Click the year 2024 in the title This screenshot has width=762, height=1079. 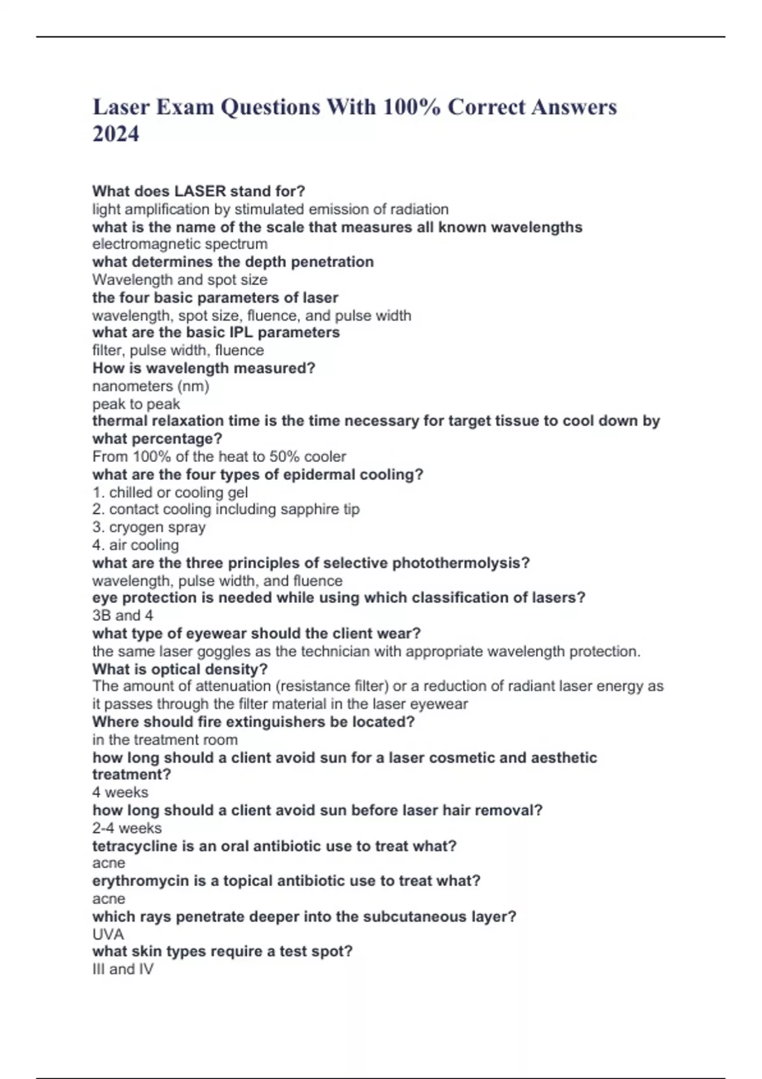pyautogui.click(x=116, y=134)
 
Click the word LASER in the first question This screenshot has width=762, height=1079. pyautogui.click(x=200, y=191)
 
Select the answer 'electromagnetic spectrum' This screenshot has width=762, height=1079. pyautogui.click(x=180, y=244)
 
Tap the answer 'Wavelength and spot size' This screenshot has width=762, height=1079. pyautogui.click(x=180, y=280)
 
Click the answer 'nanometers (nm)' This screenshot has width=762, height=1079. pyautogui.click(x=150, y=386)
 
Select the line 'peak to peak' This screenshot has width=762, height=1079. pyautogui.click(x=136, y=404)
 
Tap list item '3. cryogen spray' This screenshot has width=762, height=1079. pyautogui.click(x=149, y=527)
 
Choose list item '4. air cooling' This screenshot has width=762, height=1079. pyautogui.click(x=135, y=545)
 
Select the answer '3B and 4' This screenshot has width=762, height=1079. pyautogui.click(x=123, y=616)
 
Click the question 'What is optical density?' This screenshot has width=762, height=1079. pyautogui.click(x=180, y=669)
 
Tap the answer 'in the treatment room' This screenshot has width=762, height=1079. pyautogui.click(x=165, y=739)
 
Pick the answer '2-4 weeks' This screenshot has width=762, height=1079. pyautogui.click(x=127, y=828)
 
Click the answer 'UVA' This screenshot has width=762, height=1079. pyautogui.click(x=108, y=934)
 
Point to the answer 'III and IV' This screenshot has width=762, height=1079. pyautogui.click(x=123, y=969)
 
